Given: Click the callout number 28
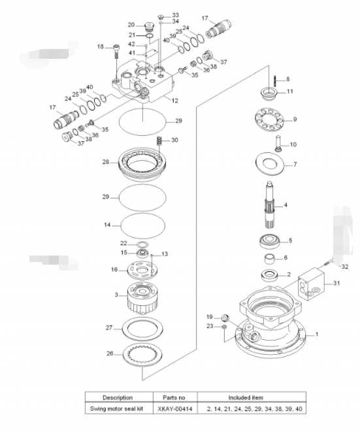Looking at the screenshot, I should point(105,161).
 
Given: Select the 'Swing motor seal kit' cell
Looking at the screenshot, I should point(117,408).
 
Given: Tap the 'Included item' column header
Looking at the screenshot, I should point(246,397).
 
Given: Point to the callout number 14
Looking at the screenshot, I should point(107,225).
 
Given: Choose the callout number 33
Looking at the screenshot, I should point(175,15).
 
